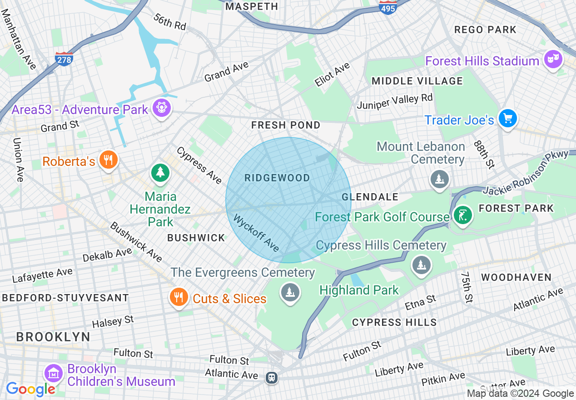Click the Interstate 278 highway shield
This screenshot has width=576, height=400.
click(x=64, y=59)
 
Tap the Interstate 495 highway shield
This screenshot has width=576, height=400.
click(x=387, y=6)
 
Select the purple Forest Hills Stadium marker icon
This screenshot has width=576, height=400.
click(x=553, y=60)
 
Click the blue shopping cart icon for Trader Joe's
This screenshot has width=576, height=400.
click(x=507, y=119)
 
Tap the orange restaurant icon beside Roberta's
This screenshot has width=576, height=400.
click(x=108, y=160)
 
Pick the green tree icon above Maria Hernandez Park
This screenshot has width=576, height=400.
click(x=160, y=173)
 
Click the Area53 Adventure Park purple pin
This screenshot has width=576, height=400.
click(x=162, y=108)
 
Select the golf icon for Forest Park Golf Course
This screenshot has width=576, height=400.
click(x=462, y=215)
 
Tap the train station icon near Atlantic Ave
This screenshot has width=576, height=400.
click(x=272, y=377)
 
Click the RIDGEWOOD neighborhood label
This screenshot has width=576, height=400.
click(x=277, y=178)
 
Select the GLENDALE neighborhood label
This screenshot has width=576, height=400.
click(x=370, y=197)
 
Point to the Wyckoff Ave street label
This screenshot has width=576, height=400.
click(x=256, y=233)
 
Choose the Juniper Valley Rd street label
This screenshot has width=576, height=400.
click(x=394, y=102)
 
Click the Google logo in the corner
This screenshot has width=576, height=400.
click(x=30, y=389)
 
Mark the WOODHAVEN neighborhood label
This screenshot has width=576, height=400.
click(x=516, y=277)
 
